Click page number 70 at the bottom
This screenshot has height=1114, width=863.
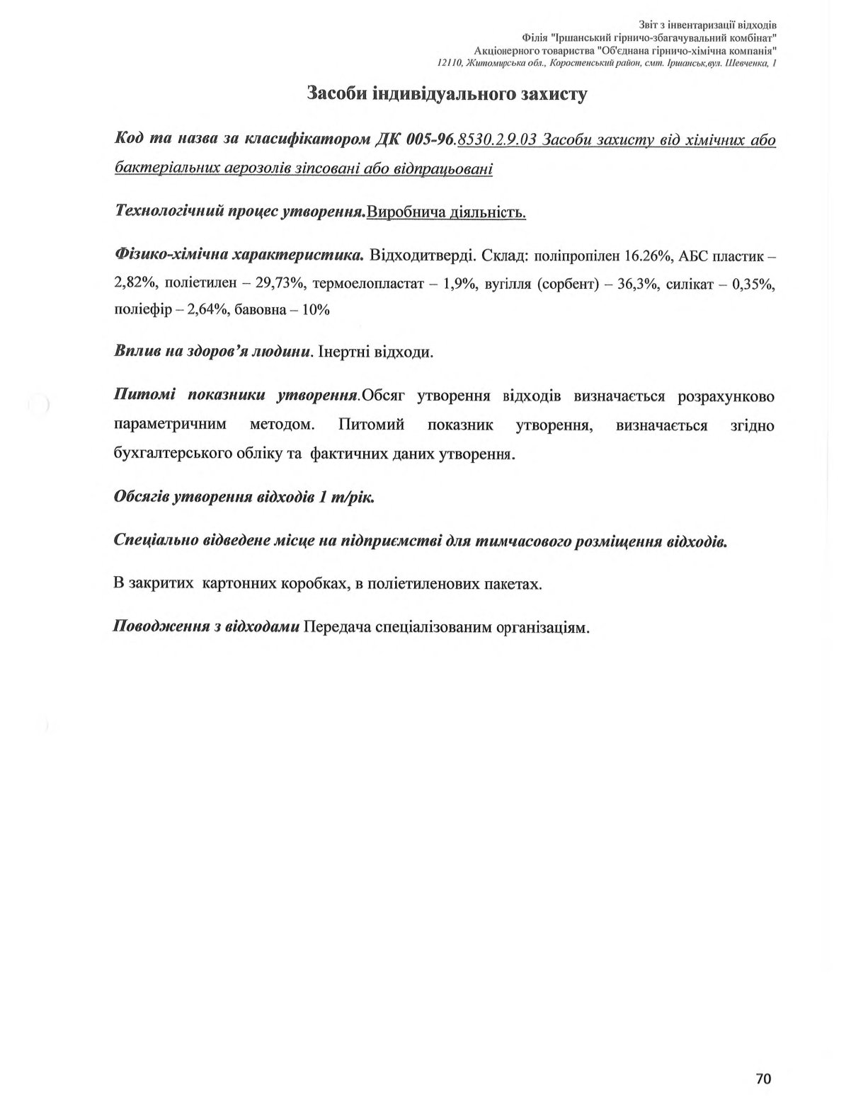tap(763, 1079)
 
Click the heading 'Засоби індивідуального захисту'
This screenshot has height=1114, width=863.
tap(447, 94)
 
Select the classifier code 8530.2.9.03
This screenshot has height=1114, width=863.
tap(496, 139)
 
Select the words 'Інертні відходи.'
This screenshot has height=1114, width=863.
tap(376, 352)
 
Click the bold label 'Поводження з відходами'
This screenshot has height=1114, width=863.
tap(206, 627)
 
